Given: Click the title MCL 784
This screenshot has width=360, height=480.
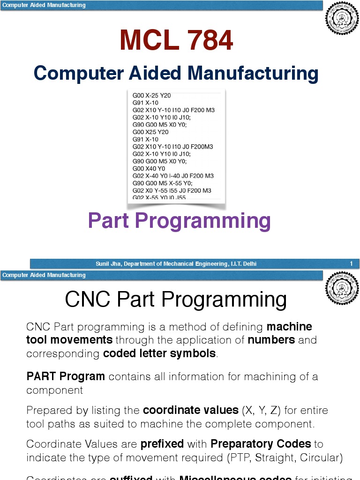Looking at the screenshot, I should pyautogui.click(x=176, y=41).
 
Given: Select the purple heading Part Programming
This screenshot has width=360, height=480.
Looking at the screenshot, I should pyautogui.click(x=180, y=221).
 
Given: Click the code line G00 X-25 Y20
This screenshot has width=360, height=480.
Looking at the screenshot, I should pyautogui.click(x=152, y=96).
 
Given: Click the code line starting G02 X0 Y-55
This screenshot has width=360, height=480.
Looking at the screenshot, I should pyautogui.click(x=172, y=191).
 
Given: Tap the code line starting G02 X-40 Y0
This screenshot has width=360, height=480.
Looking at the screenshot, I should pyautogui.click(x=173, y=176).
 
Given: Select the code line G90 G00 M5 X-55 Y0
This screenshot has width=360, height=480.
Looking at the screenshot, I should pyautogui.click(x=162, y=183).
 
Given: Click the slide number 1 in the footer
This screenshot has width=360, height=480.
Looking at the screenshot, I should pyautogui.click(x=351, y=264).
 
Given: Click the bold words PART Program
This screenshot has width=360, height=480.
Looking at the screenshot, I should pyautogui.click(x=66, y=376).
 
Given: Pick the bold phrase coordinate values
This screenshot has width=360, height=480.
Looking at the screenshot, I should pyautogui.click(x=191, y=411).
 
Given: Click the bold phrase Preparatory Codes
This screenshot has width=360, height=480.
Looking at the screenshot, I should pyautogui.click(x=261, y=444).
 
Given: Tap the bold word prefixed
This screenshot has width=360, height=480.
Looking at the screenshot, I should pyautogui.click(x=164, y=444).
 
